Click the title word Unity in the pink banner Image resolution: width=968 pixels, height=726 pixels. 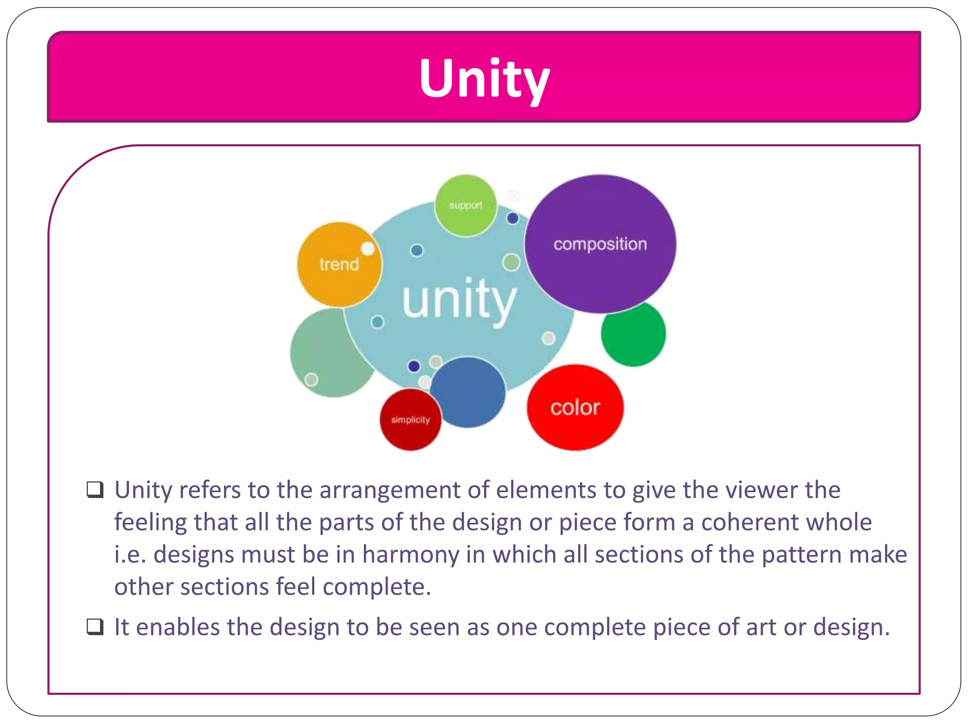tap(484, 78)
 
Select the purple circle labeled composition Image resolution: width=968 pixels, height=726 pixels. tap(600, 244)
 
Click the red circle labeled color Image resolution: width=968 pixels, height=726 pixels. tap(575, 407)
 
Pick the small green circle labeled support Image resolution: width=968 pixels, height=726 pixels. tap(466, 206)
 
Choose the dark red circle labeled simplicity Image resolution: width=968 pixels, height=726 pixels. tap(410, 420)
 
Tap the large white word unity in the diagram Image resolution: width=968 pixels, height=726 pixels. tap(459, 300)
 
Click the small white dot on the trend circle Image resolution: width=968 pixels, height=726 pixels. tap(368, 249)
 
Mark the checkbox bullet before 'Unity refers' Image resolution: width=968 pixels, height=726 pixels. tap(95, 490)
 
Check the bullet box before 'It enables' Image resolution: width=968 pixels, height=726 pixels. tap(95, 627)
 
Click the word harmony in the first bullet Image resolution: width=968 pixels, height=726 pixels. tap(410, 555)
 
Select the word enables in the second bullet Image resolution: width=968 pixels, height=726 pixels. tap(177, 627)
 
